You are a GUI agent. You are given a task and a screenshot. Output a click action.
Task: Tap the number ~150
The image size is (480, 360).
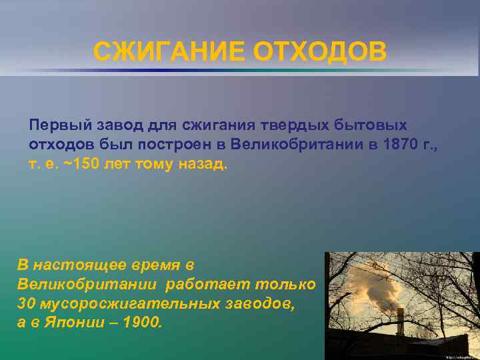click(82, 164)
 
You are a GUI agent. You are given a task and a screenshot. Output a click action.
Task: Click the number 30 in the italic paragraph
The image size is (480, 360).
click(26, 303)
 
